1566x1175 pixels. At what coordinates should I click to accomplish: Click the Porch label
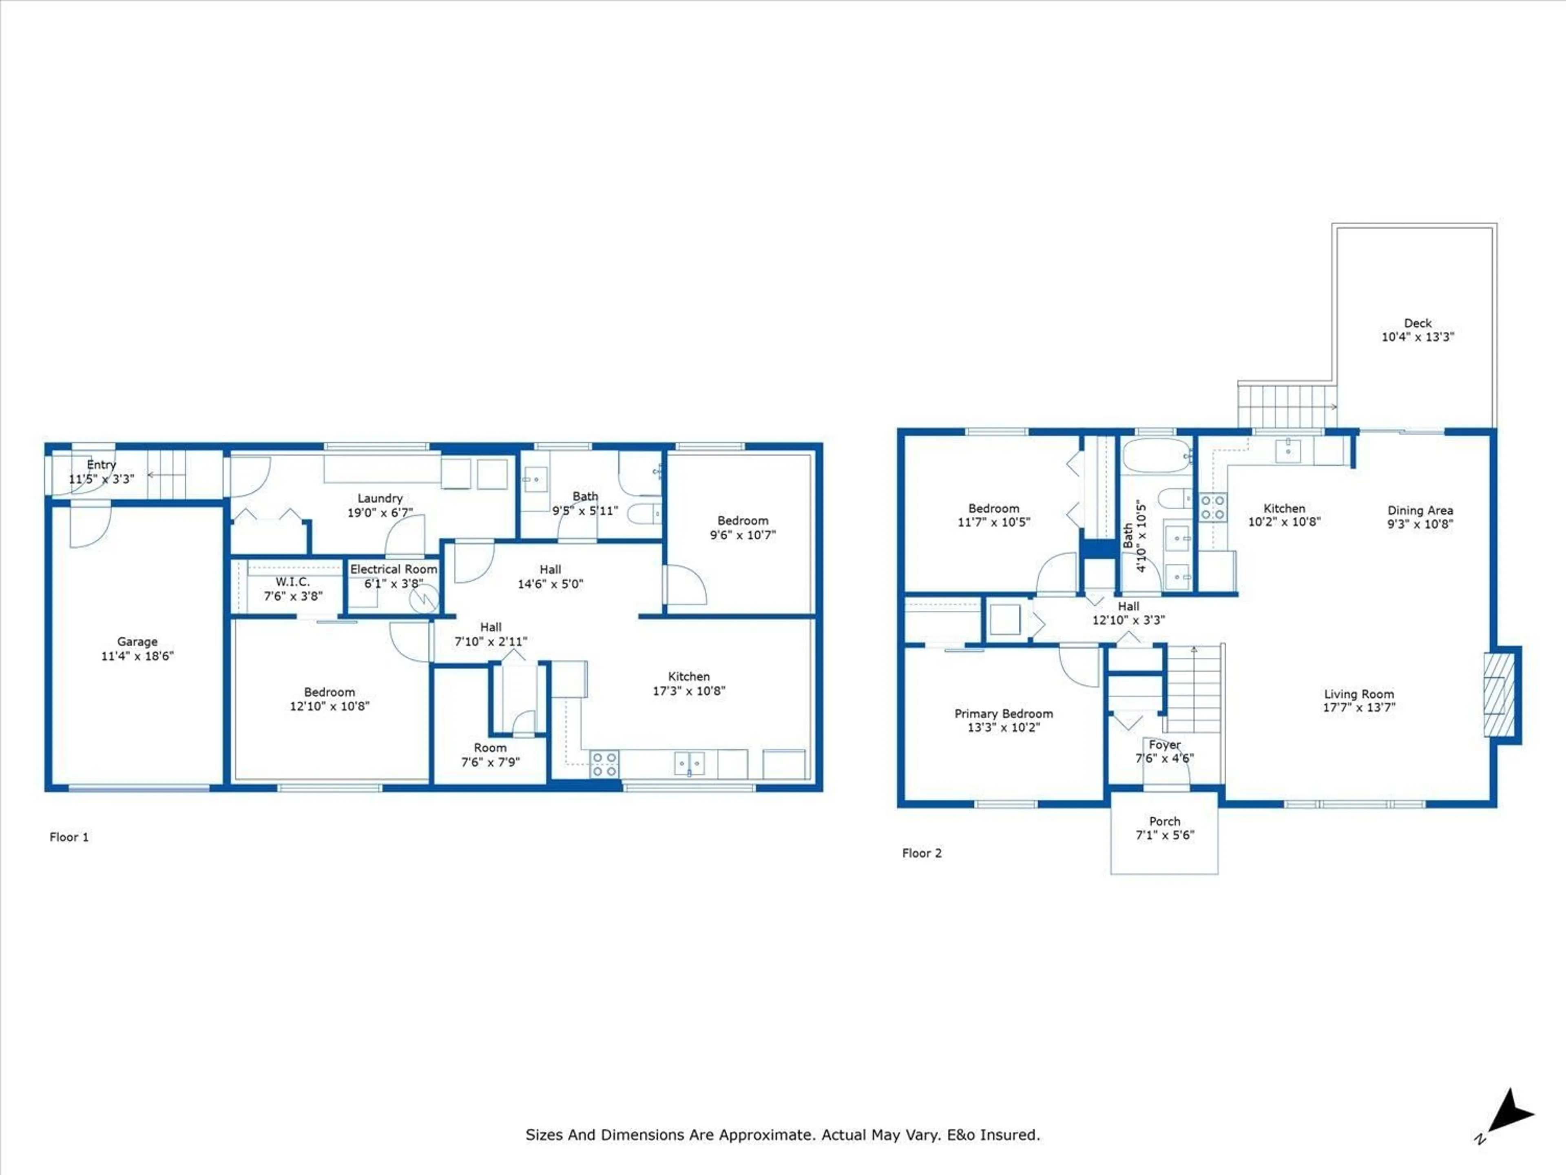(1165, 828)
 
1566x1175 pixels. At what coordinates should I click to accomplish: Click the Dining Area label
(1420, 517)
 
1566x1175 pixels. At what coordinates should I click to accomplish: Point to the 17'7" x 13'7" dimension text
(1358, 707)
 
